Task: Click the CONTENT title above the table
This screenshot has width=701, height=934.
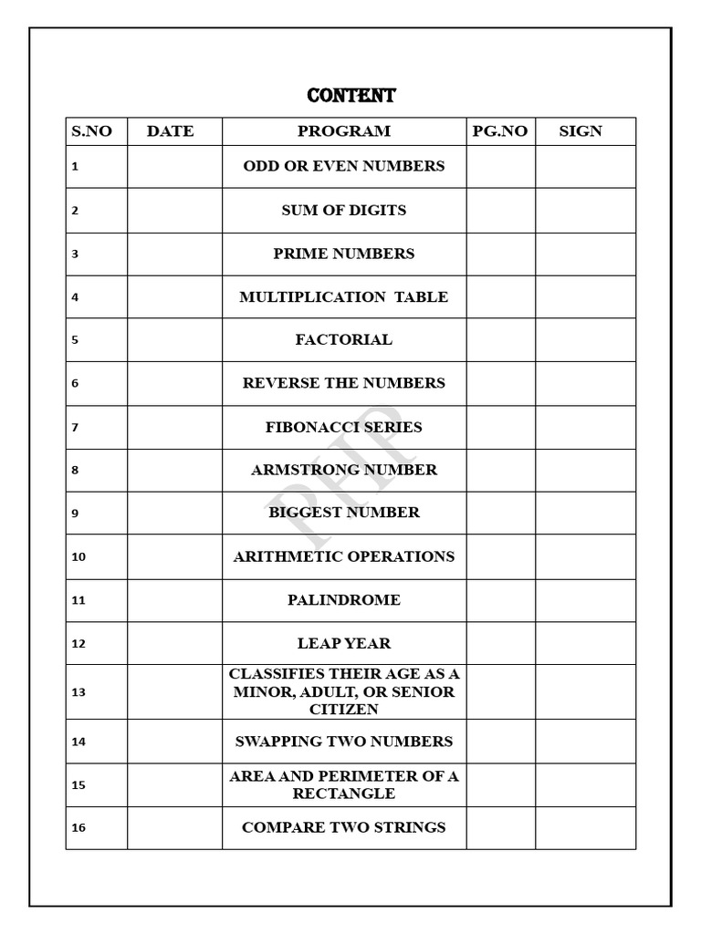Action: (351, 96)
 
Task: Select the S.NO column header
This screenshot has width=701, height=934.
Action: (91, 131)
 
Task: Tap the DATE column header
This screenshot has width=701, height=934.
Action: (171, 131)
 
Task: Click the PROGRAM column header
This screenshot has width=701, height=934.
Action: (344, 131)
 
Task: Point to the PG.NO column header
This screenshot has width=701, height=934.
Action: (500, 131)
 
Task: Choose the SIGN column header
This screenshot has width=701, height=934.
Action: (581, 131)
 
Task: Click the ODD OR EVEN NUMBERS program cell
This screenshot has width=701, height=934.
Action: (344, 166)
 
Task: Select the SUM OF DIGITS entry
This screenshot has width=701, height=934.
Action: (344, 210)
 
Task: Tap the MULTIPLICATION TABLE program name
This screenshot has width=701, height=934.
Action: (344, 297)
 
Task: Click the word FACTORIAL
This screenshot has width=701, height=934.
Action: (344, 340)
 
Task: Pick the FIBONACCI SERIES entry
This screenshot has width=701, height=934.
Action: (344, 427)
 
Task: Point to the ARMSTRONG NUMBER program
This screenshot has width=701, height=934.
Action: (344, 471)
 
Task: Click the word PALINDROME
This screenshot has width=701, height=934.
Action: (344, 600)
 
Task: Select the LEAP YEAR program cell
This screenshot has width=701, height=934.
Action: (344, 644)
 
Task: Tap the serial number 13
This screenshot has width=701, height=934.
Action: (78, 692)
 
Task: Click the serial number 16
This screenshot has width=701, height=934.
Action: (78, 828)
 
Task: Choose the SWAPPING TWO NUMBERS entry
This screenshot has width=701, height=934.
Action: (344, 742)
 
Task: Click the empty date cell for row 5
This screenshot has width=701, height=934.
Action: (174, 340)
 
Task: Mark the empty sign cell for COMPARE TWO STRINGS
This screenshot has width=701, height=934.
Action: (585, 828)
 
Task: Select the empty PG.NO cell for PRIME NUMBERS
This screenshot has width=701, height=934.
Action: (500, 254)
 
